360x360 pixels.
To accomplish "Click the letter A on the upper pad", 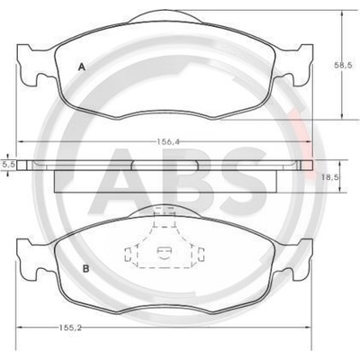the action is (x=82, y=67).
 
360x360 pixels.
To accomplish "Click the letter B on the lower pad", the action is (x=85, y=268).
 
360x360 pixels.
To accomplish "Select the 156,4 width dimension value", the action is (x=167, y=142).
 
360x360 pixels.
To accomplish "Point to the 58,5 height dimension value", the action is (x=344, y=65).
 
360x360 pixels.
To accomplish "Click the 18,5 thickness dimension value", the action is (x=330, y=177).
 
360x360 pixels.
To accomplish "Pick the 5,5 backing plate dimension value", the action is (x=8, y=164).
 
